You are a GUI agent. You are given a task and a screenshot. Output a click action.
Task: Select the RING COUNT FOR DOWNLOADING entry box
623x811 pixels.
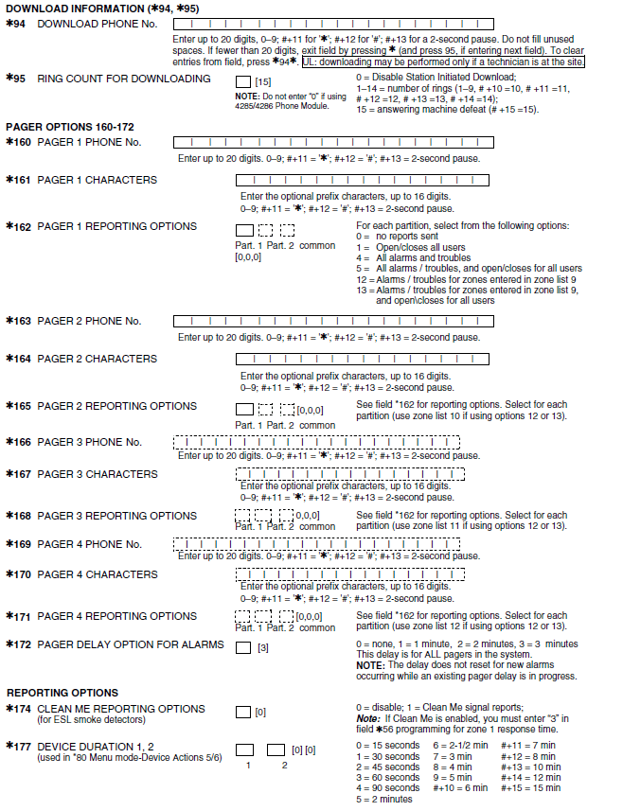pos(243,82)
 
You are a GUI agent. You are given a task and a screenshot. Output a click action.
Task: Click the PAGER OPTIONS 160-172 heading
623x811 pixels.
pos(62,127)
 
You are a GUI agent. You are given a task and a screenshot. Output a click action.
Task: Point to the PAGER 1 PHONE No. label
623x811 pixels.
pos(89,142)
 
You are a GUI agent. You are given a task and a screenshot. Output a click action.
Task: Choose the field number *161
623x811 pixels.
pos(18,180)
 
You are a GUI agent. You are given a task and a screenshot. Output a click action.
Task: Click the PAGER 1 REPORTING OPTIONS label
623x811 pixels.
pos(116,227)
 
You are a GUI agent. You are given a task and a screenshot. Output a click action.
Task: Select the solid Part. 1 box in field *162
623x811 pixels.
pos(244,230)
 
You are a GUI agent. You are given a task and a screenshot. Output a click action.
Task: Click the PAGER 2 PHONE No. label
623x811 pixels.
pos(89,322)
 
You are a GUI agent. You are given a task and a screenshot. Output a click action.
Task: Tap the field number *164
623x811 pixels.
pos(18,360)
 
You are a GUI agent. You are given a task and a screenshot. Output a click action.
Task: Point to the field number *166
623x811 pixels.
pos(18,443)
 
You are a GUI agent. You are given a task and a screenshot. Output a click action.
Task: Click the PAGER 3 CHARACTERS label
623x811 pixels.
pos(98,474)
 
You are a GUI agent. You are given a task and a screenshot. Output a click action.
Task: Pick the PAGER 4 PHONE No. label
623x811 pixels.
pos(89,545)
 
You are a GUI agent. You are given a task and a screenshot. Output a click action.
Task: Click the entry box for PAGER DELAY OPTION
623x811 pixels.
pos(243,648)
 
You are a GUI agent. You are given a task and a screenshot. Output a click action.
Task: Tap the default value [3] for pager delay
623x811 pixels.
pos(263,648)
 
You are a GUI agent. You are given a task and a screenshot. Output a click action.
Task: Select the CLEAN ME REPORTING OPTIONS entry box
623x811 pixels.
pos(243,712)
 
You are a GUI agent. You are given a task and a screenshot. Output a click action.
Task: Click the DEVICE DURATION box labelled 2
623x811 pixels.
pos(276,749)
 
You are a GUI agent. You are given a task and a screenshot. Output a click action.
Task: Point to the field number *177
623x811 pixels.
pos(18,747)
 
